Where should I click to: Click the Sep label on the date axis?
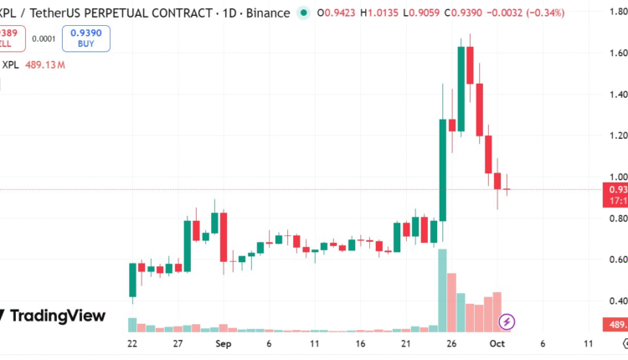click(x=223, y=344)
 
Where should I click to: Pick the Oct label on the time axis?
click(x=497, y=344)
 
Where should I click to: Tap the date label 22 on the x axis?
click(x=132, y=344)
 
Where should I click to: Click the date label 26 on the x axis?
click(x=450, y=344)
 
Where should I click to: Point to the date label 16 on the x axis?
click(x=360, y=344)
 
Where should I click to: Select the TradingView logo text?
click(x=57, y=316)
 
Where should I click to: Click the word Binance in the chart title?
click(x=270, y=13)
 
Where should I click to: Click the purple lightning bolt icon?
click(x=507, y=321)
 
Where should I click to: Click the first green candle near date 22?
click(x=132, y=279)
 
